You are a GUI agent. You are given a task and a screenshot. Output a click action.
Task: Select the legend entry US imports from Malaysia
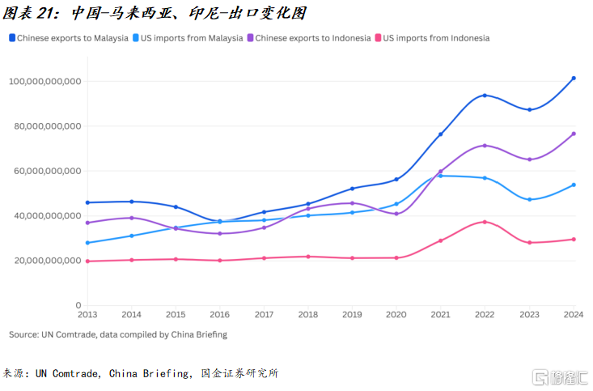point(192,38)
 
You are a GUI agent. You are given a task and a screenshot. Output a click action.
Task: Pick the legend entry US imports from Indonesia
point(436,38)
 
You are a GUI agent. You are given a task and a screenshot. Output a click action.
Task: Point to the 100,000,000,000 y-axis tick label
point(44,82)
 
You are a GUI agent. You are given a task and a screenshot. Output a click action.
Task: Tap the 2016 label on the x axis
point(220,314)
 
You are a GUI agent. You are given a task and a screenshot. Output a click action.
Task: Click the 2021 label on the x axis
point(441,314)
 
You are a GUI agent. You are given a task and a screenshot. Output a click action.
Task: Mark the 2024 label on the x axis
point(573,314)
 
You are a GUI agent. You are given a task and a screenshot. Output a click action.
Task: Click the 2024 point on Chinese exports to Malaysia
point(574,79)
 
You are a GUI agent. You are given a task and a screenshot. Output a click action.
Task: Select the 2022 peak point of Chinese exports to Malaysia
point(485,96)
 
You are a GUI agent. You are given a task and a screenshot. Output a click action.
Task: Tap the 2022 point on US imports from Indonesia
point(485,222)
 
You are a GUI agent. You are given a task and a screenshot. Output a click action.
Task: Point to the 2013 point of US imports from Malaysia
point(87,243)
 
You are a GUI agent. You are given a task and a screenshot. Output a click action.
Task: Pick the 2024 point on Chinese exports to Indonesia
point(574,134)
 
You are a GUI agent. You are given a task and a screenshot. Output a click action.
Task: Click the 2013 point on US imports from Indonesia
point(87,261)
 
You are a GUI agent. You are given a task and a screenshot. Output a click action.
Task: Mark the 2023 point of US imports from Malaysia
point(529,199)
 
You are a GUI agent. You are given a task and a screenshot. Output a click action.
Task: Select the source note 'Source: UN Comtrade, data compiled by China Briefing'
point(118,334)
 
